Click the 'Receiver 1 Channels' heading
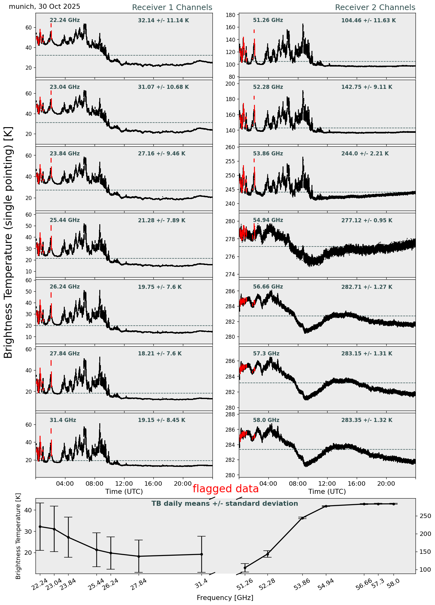[x=172, y=8]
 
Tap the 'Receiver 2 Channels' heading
[x=375, y=8]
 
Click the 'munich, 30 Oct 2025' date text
[x=44, y=7]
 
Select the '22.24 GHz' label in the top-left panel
[x=65, y=20]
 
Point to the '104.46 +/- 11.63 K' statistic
[x=368, y=21]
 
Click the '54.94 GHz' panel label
[x=268, y=220]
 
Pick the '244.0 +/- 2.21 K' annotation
[x=365, y=154]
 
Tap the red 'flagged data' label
[x=225, y=489]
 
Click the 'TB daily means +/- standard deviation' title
[x=225, y=504]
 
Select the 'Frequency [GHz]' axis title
[x=225, y=598]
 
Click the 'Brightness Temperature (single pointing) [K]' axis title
[x=9, y=242]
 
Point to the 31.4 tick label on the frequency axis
[x=201, y=583]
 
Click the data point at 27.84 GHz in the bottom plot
[x=139, y=556]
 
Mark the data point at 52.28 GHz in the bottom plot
[x=268, y=554]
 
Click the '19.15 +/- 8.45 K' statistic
[x=162, y=420]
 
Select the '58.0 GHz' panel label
[x=266, y=420]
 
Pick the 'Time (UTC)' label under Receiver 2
[x=327, y=492]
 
